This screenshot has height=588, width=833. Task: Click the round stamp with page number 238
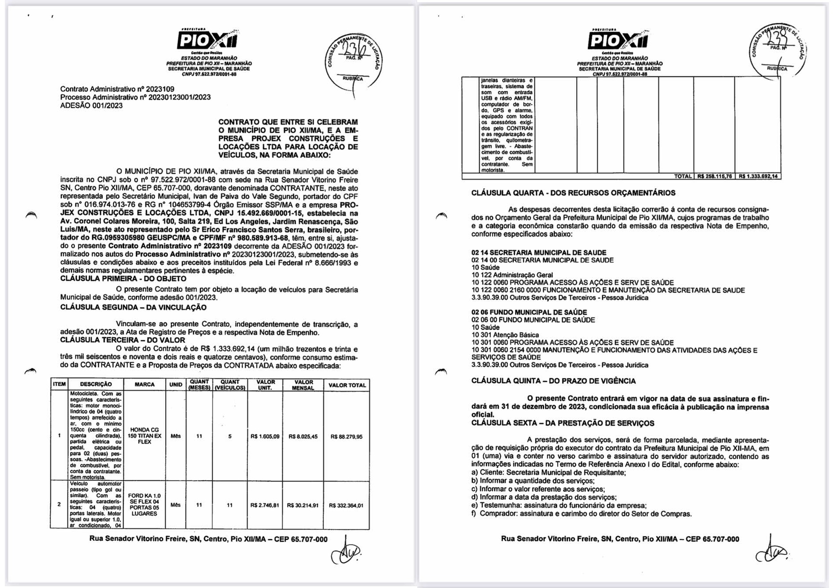(x=778, y=50)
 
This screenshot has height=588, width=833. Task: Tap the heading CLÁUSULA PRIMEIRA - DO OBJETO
(x=123, y=279)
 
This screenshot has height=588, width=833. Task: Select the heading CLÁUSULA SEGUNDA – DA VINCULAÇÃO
(x=133, y=307)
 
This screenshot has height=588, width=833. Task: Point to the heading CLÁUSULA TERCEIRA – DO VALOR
(x=123, y=340)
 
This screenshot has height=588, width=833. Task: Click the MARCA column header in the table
(x=144, y=385)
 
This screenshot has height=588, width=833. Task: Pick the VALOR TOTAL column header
(x=347, y=385)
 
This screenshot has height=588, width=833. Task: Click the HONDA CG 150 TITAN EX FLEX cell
(x=144, y=436)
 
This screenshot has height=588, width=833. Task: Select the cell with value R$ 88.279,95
(x=346, y=437)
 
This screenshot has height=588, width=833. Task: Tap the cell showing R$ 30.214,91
(x=302, y=506)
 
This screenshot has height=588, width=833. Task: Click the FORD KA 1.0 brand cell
(x=144, y=505)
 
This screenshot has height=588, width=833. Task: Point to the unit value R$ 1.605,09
(x=265, y=437)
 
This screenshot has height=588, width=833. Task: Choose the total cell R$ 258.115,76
(x=714, y=176)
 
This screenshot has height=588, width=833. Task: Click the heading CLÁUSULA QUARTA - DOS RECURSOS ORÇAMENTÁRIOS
(x=573, y=193)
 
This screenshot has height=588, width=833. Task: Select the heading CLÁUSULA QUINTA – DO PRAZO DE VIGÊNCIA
(x=553, y=381)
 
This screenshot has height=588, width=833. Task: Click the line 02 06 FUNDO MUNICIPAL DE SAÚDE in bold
(x=529, y=312)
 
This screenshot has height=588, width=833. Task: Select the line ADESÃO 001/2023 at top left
(x=91, y=106)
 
